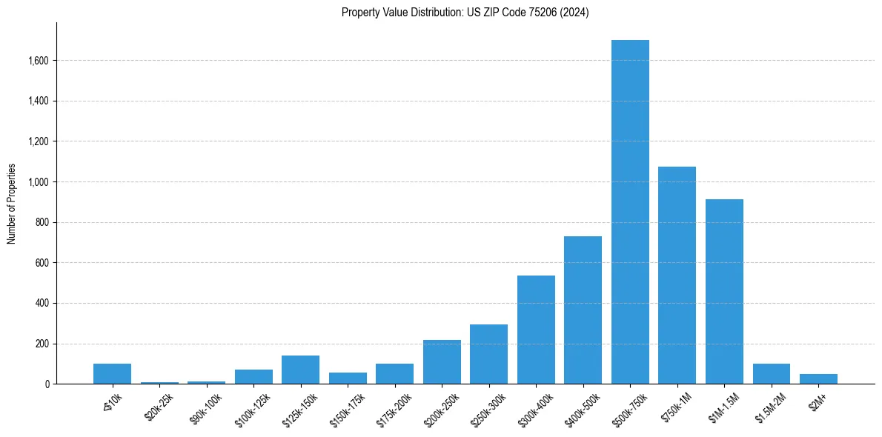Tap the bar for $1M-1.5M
[x=724, y=292]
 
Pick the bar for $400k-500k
[x=583, y=310]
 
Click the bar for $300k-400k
[x=536, y=330]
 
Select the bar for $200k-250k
[x=442, y=362]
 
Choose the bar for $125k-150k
[x=300, y=370]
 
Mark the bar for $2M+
[x=818, y=379]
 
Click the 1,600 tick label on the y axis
[x=39, y=61]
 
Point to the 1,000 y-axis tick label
[x=39, y=182]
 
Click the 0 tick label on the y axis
[x=47, y=384]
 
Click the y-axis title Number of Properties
[x=12, y=203]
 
